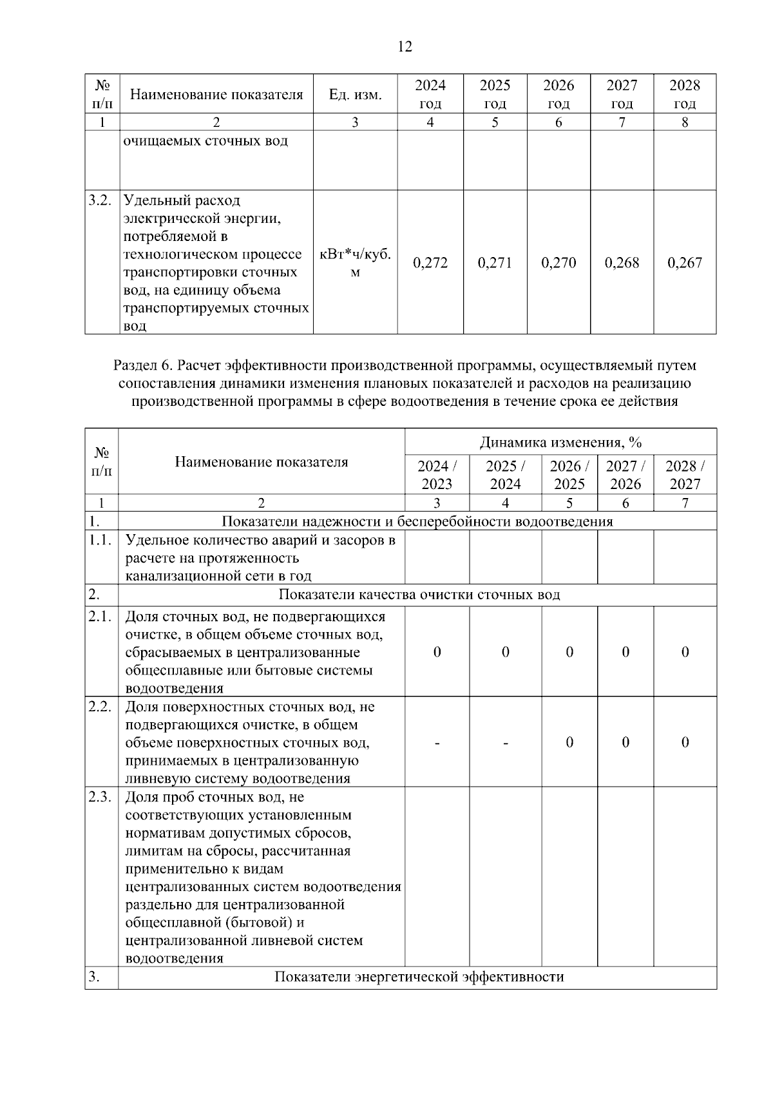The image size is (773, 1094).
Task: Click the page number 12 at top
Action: click(405, 46)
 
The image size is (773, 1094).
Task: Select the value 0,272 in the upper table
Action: click(430, 262)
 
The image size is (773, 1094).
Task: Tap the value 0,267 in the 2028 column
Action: click(685, 262)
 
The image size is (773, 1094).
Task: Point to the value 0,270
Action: click(558, 262)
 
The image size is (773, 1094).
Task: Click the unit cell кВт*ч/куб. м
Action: click(355, 263)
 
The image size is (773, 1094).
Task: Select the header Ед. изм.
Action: click(355, 95)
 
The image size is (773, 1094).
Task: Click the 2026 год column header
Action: click(558, 94)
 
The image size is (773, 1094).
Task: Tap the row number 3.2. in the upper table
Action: click(101, 200)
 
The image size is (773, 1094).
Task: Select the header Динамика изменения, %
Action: click(560, 442)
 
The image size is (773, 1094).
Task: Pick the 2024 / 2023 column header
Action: click(437, 474)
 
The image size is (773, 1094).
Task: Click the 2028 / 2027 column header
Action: click(685, 474)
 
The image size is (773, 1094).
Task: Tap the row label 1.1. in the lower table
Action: click(101, 540)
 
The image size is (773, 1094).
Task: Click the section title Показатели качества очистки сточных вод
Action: click(419, 594)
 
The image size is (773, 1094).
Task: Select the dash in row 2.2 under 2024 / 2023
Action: click(437, 743)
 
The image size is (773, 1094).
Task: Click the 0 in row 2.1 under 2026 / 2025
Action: click(569, 652)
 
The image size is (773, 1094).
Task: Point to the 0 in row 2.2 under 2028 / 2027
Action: click(685, 742)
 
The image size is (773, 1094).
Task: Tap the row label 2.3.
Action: click(101, 797)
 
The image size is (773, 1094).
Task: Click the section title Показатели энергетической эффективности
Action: click(419, 977)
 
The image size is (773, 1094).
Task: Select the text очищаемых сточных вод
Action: click(205, 140)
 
